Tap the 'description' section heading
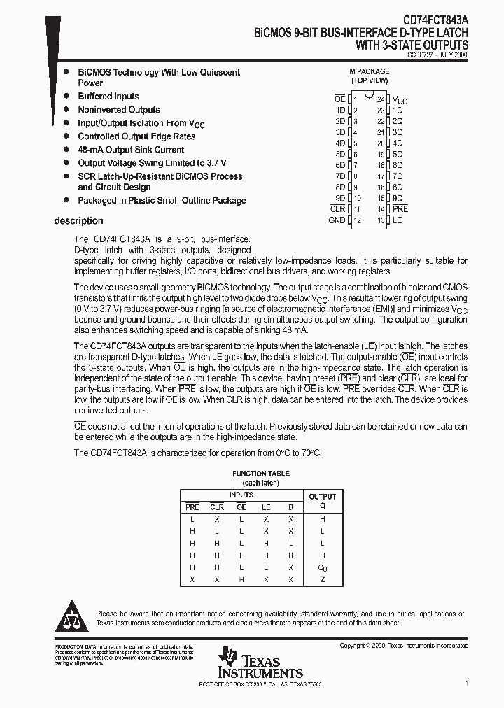[78, 221]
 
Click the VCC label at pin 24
[400, 100]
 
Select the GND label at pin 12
[337, 220]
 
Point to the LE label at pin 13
[398, 220]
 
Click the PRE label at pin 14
[400, 209]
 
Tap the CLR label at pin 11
[337, 209]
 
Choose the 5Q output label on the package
[398, 154]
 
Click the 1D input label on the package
[340, 110]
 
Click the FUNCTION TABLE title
[260, 474]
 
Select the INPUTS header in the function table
[241, 495]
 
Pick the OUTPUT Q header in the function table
[323, 500]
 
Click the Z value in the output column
[323, 579]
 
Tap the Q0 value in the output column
[323, 567]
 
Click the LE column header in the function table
[266, 507]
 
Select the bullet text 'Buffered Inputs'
[108, 97]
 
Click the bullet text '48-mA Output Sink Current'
[131, 150]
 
